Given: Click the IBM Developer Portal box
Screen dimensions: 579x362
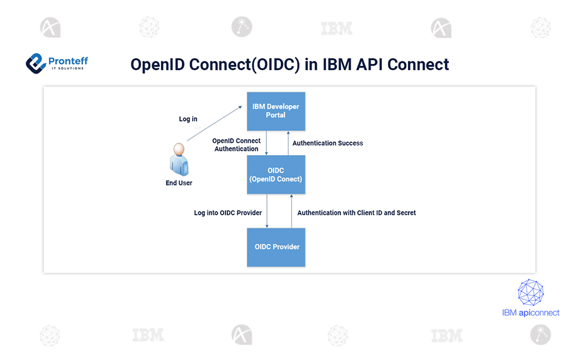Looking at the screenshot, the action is [x=276, y=111].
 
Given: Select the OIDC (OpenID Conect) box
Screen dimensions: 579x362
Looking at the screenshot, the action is [x=276, y=174].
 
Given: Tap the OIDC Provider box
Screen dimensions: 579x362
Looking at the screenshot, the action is [x=276, y=247].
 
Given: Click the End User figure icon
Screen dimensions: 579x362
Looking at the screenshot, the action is [x=179, y=159].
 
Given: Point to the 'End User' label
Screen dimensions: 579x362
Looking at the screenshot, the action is [x=179, y=183].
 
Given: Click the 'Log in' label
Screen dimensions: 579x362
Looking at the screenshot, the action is [x=188, y=119].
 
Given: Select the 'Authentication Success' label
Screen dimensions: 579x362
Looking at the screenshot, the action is [x=328, y=143].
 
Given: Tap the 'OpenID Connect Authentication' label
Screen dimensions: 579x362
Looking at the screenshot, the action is [x=236, y=145].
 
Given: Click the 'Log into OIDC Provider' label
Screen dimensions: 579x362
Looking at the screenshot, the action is [x=228, y=212].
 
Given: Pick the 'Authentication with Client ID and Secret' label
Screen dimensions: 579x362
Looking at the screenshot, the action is [x=356, y=212].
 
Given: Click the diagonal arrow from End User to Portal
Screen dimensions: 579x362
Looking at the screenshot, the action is [x=214, y=123].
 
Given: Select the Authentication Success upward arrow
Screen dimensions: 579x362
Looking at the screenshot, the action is [x=289, y=143].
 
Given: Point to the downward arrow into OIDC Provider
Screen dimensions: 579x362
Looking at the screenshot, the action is [x=267, y=211].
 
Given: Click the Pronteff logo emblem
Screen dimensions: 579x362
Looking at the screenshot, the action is [x=36, y=63].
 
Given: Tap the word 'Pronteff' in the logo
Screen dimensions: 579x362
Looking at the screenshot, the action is [x=68, y=61].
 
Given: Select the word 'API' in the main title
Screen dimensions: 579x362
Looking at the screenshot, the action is [x=369, y=65].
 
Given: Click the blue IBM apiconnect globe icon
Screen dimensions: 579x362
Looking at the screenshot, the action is [x=531, y=293].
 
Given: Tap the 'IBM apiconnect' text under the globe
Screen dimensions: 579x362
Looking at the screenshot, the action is [x=531, y=313].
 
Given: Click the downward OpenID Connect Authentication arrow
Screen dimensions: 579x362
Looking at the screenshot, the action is [x=267, y=143].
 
